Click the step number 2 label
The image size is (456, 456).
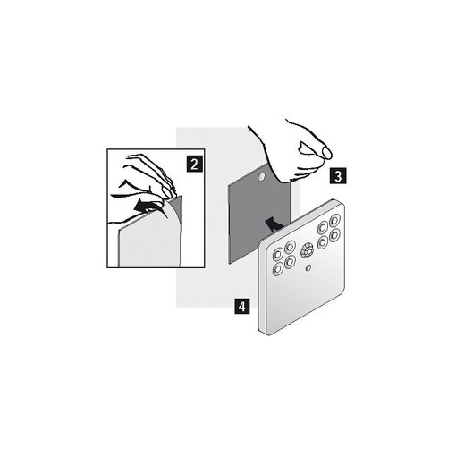pyautogui.click(x=194, y=164)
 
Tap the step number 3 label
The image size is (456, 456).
pyautogui.click(x=338, y=176)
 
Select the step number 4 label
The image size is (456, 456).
pyautogui.click(x=242, y=306)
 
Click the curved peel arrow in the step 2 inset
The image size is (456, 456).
pyautogui.click(x=146, y=207)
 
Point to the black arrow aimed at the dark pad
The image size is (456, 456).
pyautogui.click(x=273, y=224)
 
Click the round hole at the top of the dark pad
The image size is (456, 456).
pyautogui.click(x=261, y=177)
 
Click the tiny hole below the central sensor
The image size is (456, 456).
pyautogui.click(x=308, y=268)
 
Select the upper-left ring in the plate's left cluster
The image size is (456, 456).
pyautogui.click(x=278, y=255)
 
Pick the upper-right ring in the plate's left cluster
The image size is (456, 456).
pyautogui.click(x=290, y=248)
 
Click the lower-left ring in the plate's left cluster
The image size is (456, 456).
pyautogui.click(x=278, y=269)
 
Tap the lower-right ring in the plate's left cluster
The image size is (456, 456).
pyautogui.click(x=290, y=262)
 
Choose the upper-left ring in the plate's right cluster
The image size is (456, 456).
pyautogui.click(x=323, y=228)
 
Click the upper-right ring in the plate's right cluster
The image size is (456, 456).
pyautogui.click(x=334, y=221)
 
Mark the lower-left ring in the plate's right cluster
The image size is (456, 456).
pyautogui.click(x=323, y=242)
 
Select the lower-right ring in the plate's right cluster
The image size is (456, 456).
pyautogui.click(x=334, y=235)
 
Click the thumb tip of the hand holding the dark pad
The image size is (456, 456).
pyautogui.click(x=327, y=153)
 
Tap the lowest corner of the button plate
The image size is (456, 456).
pyautogui.click(x=269, y=334)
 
